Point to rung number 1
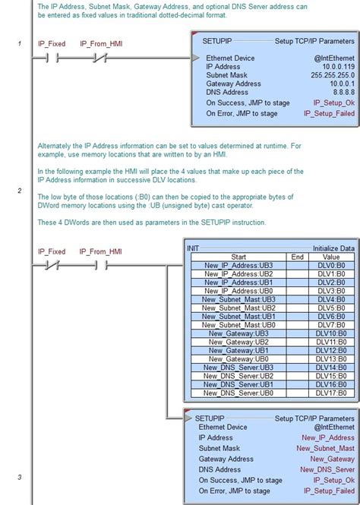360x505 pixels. pyautogui.click(x=20, y=43)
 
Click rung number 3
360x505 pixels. pyautogui.click(x=20, y=477)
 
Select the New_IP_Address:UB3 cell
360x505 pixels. pyautogui.click(x=238, y=265)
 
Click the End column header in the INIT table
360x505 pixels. pyautogui.click(x=298, y=257)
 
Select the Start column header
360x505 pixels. pyautogui.click(x=238, y=257)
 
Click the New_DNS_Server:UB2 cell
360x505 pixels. pyautogui.click(x=238, y=376)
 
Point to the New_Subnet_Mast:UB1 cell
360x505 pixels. pyautogui.click(x=238, y=316)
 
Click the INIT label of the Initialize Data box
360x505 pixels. pyautogui.click(x=194, y=248)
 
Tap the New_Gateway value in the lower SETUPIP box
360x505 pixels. pyautogui.click(x=332, y=459)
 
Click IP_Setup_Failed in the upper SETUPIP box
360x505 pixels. pyautogui.click(x=329, y=113)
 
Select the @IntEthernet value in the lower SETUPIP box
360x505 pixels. pyautogui.click(x=333, y=427)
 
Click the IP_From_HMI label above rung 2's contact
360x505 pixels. pyautogui.click(x=101, y=251)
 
